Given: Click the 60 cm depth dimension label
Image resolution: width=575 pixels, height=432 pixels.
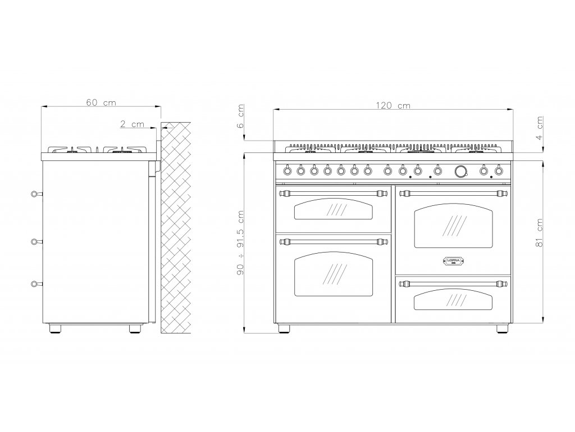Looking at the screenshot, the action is coord(102,102).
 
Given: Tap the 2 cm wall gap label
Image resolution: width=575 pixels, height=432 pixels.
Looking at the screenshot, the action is coord(133,124).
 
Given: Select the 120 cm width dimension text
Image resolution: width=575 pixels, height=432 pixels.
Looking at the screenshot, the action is coord(394,105).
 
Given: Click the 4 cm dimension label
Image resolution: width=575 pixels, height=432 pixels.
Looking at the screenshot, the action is coord(540,128).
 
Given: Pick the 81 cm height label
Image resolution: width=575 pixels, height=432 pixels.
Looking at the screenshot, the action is coord(540,233).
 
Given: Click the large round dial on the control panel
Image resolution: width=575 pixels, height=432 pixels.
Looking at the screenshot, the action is coord(461,170).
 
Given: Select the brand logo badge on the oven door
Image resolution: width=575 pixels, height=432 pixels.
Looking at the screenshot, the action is coord(452,262).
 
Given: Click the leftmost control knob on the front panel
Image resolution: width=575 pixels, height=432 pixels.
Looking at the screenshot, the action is coord(287,169).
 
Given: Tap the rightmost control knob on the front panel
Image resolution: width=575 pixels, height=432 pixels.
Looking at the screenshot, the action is coord(499,169).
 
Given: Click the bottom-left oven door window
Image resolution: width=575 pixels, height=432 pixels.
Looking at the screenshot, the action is coord(333,274).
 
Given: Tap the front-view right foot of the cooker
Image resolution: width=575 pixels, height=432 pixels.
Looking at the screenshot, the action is coord(501,328).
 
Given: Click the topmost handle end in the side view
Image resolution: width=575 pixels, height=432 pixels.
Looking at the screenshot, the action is coord(36,194).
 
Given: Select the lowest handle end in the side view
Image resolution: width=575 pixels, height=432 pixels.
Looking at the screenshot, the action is coord(36,284).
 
